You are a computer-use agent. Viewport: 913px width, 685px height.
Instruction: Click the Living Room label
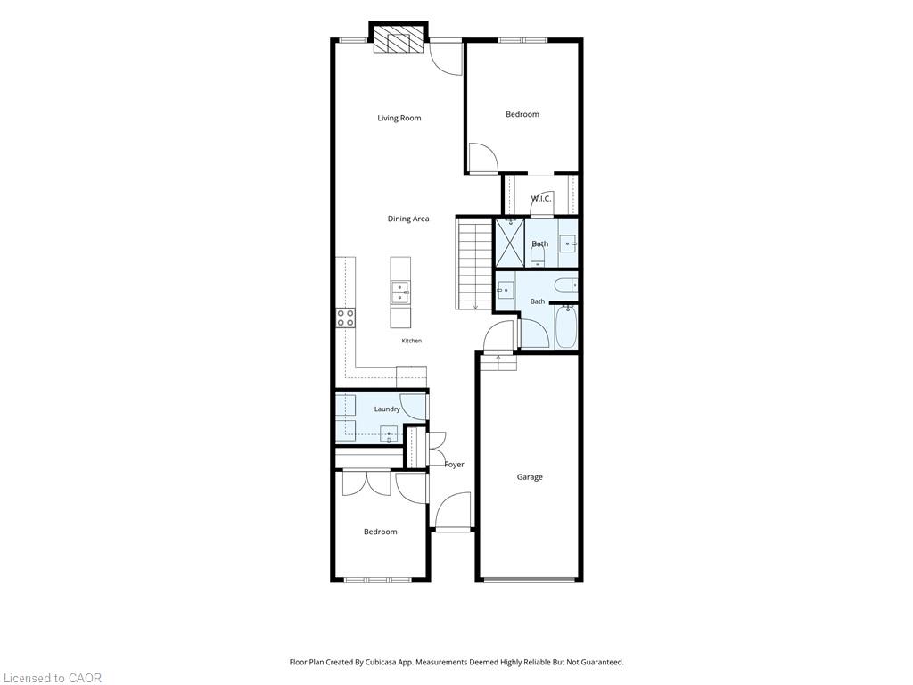pos(399,118)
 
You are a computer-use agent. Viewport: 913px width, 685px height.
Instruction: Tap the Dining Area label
pos(408,219)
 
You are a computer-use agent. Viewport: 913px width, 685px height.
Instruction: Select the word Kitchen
pos(412,341)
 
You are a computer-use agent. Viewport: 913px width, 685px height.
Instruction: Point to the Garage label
pos(530,477)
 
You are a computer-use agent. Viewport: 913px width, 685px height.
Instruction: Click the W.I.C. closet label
pos(541,199)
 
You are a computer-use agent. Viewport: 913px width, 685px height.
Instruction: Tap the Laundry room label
pos(387,409)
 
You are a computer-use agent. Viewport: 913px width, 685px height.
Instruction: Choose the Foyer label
pos(454,464)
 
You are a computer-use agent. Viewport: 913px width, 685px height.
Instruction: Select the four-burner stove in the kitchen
pos(345,318)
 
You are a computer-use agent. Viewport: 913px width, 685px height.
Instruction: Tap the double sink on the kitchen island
pos(399,293)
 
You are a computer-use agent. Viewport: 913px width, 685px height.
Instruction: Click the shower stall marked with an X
pos(509,243)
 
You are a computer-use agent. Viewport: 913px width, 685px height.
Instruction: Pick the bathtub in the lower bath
pos(565,327)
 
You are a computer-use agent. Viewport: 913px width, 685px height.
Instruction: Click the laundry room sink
pos(389,434)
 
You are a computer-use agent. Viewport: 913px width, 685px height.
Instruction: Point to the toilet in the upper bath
pos(538,257)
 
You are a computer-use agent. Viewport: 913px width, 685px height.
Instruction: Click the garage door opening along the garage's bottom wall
pos(530,580)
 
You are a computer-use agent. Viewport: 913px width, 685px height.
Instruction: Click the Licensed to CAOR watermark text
pos(51,678)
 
